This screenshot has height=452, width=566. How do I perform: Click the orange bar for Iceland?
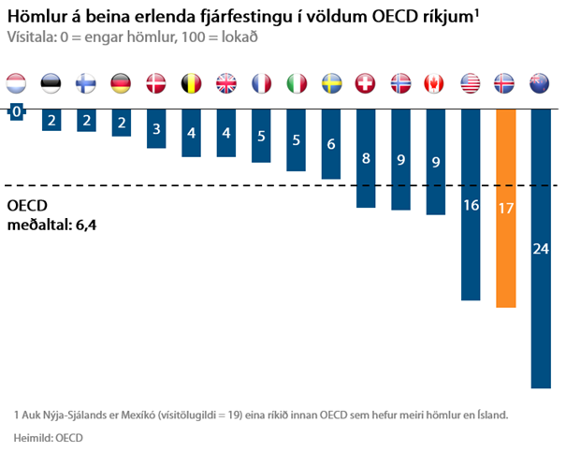point(506,208)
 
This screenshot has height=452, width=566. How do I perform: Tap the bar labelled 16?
point(471,204)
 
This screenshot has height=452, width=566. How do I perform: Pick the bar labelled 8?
point(366,157)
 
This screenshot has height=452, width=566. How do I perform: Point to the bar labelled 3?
point(156,127)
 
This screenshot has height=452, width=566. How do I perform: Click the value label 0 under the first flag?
point(16,112)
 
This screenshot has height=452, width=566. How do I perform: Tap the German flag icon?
point(122,82)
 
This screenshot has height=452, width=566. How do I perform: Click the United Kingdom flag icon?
point(226,82)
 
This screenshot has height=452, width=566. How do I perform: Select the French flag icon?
point(261,82)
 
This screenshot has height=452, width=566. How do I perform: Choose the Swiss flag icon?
point(366,82)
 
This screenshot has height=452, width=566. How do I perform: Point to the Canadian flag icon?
point(436,82)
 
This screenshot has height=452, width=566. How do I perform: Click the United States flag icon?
point(471,82)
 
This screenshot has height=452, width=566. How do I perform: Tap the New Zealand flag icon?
point(541,82)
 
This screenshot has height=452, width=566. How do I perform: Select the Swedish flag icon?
point(331,82)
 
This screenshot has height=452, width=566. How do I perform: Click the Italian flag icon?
point(297,82)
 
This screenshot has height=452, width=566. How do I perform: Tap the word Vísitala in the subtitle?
point(30,37)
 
